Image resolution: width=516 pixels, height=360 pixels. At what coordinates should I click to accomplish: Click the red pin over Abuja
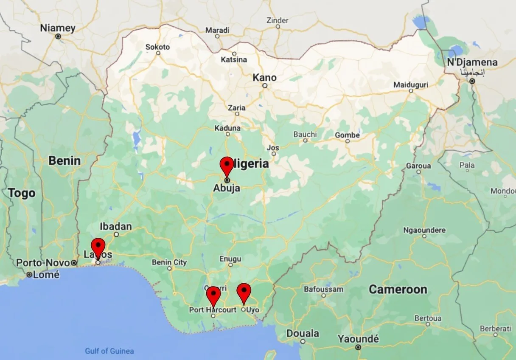[227, 165]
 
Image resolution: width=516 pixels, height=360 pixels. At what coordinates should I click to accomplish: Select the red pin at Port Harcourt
[213, 295]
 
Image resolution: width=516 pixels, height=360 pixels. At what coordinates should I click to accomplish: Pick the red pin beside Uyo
[244, 292]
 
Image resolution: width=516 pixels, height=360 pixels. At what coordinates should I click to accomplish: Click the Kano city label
[264, 78]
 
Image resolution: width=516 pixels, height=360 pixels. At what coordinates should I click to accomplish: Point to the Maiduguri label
[410, 85]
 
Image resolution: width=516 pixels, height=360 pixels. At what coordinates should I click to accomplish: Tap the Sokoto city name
[157, 47]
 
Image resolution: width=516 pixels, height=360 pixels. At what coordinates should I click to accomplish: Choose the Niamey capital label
[58, 28]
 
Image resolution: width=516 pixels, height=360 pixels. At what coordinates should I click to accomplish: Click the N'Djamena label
[472, 63]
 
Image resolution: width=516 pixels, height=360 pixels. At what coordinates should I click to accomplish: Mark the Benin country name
[64, 161]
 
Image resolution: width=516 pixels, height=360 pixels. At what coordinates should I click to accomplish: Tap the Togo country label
[21, 194]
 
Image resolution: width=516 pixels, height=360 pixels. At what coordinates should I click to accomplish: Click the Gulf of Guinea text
[109, 351]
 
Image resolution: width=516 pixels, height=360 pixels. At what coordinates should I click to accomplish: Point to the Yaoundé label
[358, 339]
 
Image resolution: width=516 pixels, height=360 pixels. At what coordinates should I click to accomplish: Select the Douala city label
[303, 333]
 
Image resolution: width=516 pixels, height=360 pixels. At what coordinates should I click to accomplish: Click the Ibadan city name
[115, 226]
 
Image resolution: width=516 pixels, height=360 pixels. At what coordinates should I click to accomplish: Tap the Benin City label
[169, 262]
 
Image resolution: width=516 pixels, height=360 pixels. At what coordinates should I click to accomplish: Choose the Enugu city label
[230, 259]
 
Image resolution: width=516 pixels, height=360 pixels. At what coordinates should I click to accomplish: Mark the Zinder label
[278, 20]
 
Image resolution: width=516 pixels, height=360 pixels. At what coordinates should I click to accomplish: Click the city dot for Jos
[274, 154]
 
